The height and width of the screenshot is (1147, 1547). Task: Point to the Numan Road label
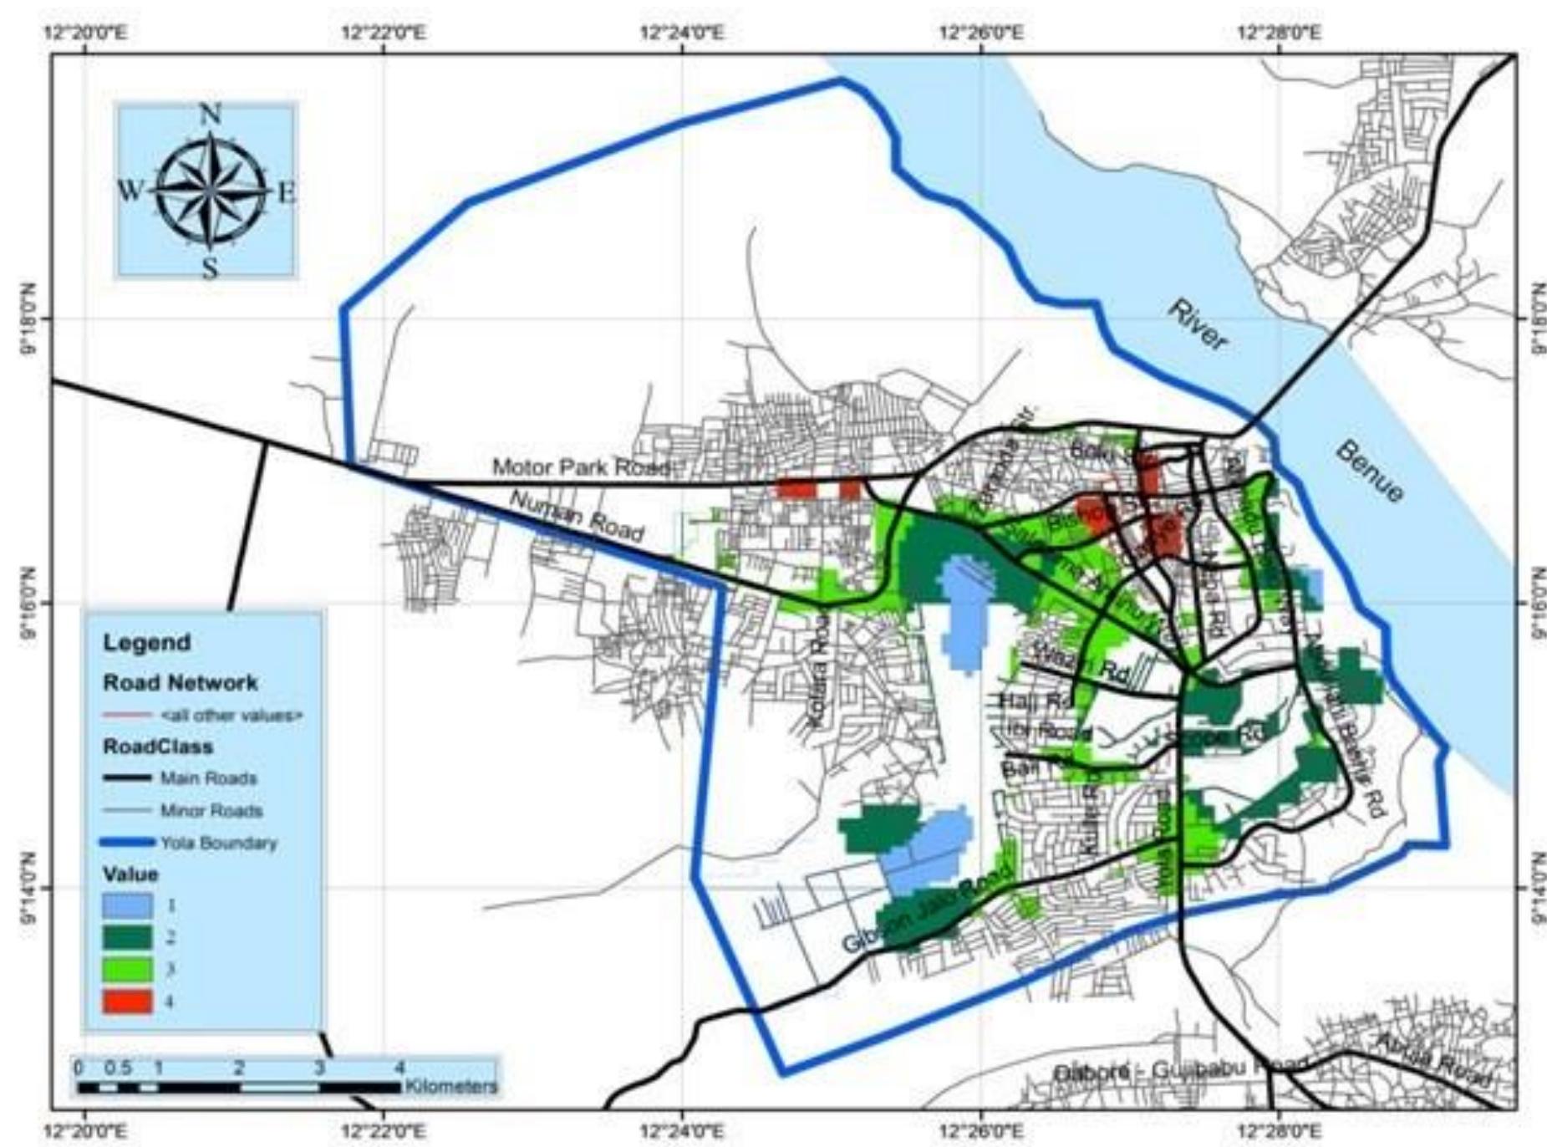tap(577, 515)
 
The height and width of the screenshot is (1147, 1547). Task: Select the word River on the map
tap(1198, 325)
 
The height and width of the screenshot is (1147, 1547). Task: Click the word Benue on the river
tap(1369, 472)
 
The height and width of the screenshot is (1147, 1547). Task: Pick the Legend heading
tap(147, 643)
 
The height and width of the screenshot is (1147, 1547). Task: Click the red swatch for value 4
tap(127, 1001)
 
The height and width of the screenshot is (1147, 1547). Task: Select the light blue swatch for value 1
tap(127, 905)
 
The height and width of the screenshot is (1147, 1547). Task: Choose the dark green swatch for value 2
tap(127, 937)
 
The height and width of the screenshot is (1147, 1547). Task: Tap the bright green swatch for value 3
tap(127, 969)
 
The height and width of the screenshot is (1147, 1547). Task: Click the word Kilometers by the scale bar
tap(451, 1087)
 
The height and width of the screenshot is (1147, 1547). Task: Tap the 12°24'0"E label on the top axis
tap(682, 34)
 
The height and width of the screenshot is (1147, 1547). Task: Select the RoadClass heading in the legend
tap(158, 746)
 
